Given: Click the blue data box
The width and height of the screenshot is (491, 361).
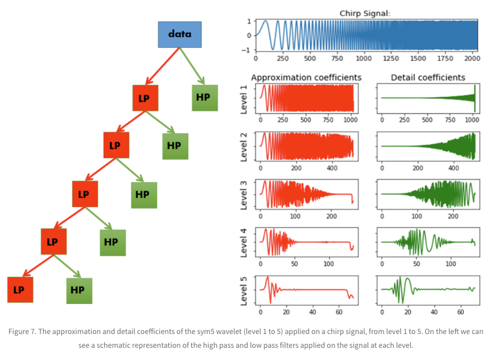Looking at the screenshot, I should [x=179, y=34].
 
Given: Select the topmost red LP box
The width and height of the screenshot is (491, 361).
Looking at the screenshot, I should [x=144, y=98].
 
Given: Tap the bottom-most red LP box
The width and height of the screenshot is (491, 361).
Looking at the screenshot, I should [x=19, y=290].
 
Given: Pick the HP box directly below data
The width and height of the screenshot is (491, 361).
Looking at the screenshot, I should [x=204, y=97].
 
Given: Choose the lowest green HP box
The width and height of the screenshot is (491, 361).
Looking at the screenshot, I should [x=79, y=290].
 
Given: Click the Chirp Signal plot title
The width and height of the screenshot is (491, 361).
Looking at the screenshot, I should [x=365, y=13].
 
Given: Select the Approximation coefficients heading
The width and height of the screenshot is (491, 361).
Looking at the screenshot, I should [x=306, y=77].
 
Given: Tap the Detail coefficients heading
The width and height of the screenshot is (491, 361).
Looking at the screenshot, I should [x=427, y=77].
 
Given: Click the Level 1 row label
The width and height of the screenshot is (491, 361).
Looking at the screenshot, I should [x=244, y=98].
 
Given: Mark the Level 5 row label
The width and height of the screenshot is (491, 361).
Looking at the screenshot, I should [x=244, y=289].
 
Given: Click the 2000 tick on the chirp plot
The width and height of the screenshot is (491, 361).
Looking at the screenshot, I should [x=470, y=59].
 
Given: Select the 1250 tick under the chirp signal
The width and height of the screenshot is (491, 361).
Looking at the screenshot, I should [x=390, y=59].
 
